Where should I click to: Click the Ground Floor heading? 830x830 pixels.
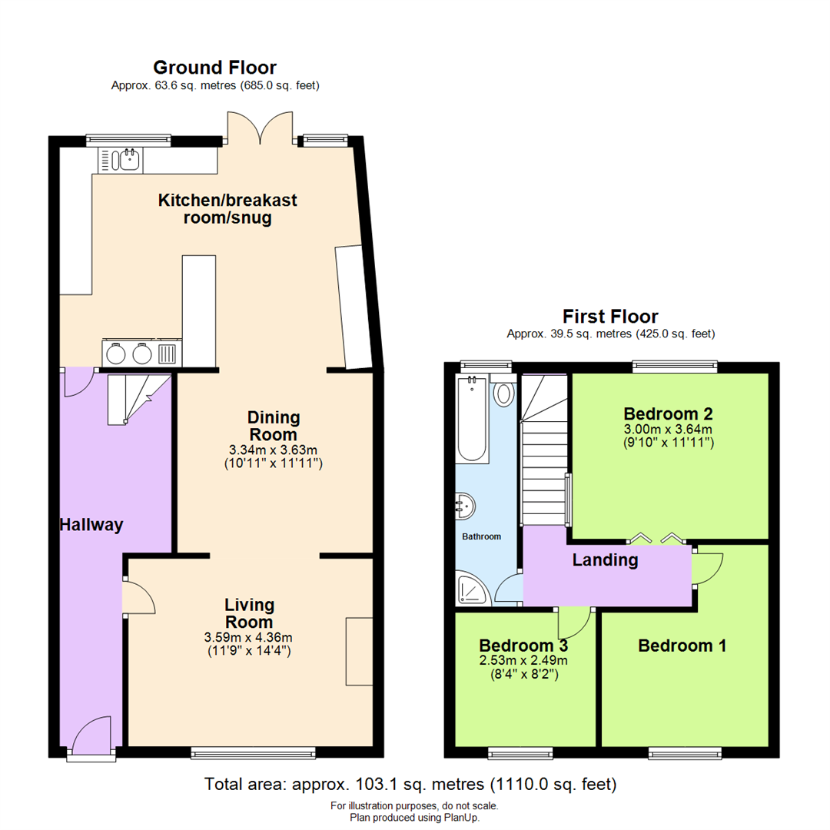tap(214, 68)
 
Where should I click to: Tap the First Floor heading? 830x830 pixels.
tap(610, 316)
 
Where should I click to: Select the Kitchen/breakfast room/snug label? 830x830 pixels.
tap(227, 209)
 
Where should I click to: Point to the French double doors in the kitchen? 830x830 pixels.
tap(261, 129)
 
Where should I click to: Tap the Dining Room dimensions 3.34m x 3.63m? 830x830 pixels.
tap(274, 450)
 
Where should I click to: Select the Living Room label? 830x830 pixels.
tap(250, 613)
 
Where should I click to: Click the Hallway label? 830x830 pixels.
tap(91, 526)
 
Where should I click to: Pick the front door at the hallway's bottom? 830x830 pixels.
tap(91, 735)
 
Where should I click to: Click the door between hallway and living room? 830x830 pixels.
tap(135, 597)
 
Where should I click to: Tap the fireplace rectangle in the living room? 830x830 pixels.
tap(358, 650)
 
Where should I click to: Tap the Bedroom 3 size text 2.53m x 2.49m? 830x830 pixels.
tap(524, 660)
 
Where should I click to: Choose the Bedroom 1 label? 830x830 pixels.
tap(682, 646)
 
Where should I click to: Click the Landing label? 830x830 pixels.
tap(605, 560)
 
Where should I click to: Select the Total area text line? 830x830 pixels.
tap(410, 785)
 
